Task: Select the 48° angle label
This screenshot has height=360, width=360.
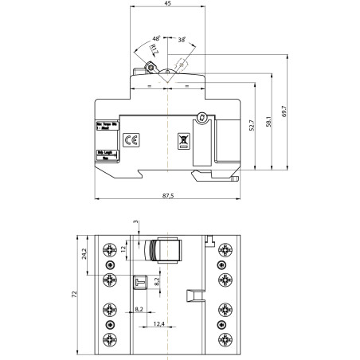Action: pos(156,38)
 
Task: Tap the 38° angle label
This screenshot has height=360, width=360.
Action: pos(182,39)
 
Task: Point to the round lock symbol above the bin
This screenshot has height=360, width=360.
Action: pos(202,119)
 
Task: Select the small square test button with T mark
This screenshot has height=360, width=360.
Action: pos(139,280)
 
